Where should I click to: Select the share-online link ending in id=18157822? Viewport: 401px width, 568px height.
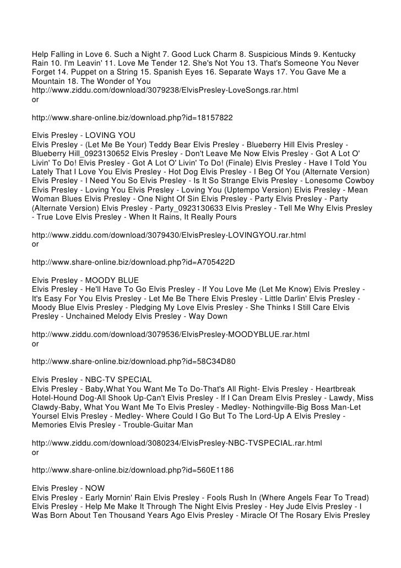(x=132, y=117)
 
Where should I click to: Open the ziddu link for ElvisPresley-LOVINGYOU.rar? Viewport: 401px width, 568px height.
(x=169, y=235)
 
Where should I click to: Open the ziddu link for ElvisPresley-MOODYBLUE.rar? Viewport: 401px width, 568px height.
(x=171, y=335)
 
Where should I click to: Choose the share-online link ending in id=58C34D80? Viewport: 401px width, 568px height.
(x=133, y=363)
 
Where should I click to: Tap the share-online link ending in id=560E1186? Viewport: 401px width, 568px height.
(x=133, y=471)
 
